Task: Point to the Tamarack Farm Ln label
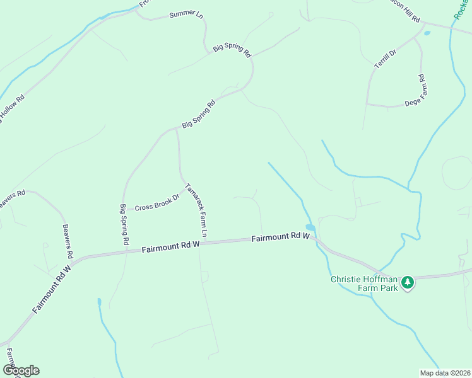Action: click(196, 213)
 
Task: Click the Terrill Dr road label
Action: click(384, 58)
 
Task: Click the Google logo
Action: click(21, 370)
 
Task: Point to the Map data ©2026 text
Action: click(445, 373)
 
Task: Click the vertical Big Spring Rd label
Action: click(124, 224)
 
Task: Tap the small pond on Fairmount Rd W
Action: click(310, 227)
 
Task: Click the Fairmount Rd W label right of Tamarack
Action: click(280, 238)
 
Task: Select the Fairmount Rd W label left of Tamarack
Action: click(170, 246)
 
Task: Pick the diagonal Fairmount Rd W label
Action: click(52, 289)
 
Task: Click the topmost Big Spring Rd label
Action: click(232, 48)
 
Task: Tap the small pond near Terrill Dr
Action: click(427, 33)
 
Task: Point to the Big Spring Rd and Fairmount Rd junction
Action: click(126, 249)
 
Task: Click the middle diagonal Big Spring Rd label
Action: click(199, 113)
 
